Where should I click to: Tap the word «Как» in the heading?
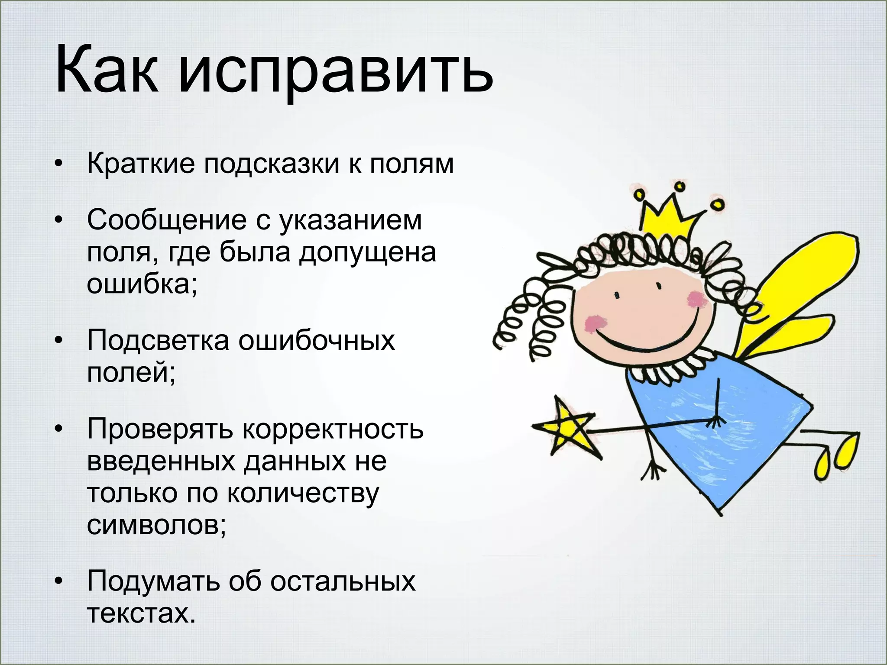tap(107, 69)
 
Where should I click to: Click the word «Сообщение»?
tap(167, 220)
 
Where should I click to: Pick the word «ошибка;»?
tap(142, 284)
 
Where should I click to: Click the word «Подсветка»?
tap(158, 340)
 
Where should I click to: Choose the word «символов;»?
tap(156, 525)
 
